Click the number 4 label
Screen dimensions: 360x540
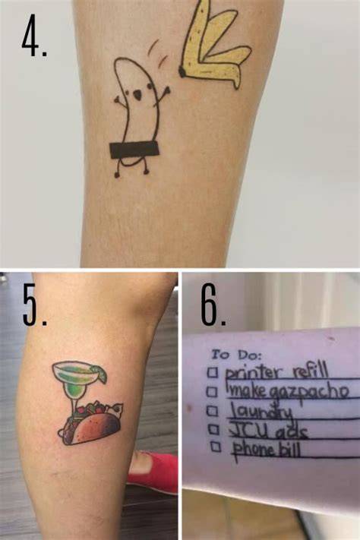pos(34,36)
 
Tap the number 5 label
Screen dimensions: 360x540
pos(34,306)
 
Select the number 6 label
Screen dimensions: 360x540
pos(213,306)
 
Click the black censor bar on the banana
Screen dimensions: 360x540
pos(134,150)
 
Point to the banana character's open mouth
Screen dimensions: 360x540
pos(137,96)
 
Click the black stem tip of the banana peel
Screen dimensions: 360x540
pos(182,71)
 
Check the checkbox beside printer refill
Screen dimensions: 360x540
pos(213,373)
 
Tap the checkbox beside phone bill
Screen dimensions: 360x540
pos(216,447)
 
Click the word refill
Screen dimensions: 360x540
pos(309,372)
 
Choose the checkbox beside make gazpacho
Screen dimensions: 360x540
pos(213,392)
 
